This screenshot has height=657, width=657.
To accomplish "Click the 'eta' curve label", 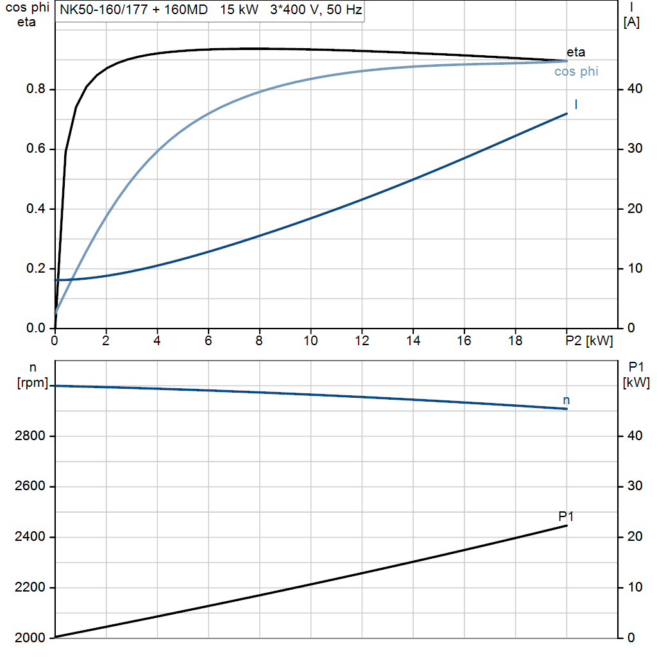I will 576,53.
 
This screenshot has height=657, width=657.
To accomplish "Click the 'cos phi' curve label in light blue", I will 576,72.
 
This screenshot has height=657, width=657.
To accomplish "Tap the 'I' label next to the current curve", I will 576,104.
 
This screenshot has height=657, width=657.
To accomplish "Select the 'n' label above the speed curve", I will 566,400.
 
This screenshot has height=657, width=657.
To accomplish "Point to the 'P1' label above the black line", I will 566,516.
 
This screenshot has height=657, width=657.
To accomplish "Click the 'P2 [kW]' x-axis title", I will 589,341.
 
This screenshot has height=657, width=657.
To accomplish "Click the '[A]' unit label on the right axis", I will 631,22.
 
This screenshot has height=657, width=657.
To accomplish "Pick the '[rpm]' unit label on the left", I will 30,384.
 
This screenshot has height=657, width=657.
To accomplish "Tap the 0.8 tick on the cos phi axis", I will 36,89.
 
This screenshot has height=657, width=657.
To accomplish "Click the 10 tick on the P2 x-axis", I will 311,341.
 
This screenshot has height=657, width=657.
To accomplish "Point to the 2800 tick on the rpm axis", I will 30,436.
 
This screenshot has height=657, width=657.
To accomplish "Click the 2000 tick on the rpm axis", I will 30,638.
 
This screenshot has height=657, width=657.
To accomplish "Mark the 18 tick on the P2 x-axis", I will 515,341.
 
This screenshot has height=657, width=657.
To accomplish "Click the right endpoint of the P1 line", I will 567,526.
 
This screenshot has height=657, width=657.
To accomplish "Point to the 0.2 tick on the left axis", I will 36,269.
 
